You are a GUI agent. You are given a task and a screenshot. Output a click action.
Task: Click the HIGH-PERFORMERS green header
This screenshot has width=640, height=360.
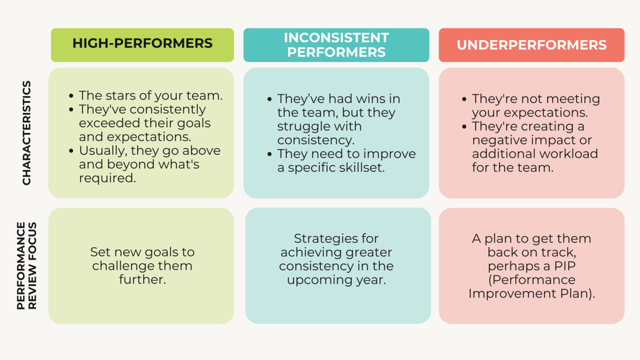[x=142, y=44]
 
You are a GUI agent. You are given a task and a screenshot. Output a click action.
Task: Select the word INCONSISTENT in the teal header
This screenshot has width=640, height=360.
[x=336, y=38]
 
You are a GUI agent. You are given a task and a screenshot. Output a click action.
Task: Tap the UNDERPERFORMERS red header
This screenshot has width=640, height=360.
[x=531, y=45]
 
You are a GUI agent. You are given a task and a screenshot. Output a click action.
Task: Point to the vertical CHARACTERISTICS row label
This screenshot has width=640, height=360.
[x=26, y=133]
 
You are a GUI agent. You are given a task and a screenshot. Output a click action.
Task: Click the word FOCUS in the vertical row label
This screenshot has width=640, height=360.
[x=32, y=239]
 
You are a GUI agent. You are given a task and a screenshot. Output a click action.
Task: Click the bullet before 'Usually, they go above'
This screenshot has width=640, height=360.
[x=71, y=151]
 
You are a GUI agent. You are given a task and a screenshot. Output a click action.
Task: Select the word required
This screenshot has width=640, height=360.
[x=107, y=178]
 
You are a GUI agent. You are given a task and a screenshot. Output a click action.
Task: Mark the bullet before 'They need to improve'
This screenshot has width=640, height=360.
[x=270, y=154]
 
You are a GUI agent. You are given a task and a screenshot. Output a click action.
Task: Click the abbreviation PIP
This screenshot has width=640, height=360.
[x=564, y=266]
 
